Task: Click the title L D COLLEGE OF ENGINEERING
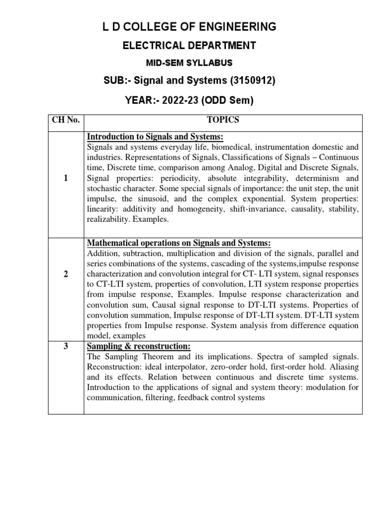pyautogui.click(x=189, y=27)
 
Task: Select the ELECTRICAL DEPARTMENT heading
pyautogui.click(x=189, y=46)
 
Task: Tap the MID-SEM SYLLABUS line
pyautogui.click(x=189, y=63)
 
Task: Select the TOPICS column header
pyautogui.click(x=223, y=120)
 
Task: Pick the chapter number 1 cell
pyautogui.click(x=66, y=178)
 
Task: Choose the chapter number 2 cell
pyautogui.click(x=66, y=275)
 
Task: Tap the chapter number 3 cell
pyautogui.click(x=66, y=346)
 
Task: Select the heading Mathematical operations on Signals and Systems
pyautogui.click(x=179, y=243)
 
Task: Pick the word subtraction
pyautogui.click(x=141, y=253)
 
